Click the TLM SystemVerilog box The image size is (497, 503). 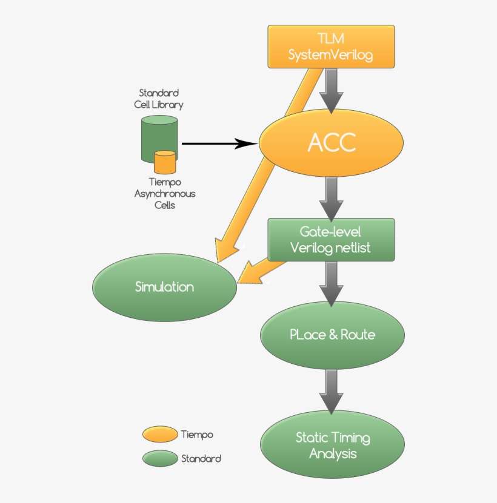[x=331, y=47]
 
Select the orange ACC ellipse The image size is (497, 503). [x=331, y=143]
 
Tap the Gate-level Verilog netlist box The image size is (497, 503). [x=331, y=240]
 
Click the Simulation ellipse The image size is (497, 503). [x=164, y=288]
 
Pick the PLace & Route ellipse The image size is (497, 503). [x=332, y=335]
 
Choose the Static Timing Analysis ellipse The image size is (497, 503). [x=332, y=445]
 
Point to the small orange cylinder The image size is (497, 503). [x=165, y=163]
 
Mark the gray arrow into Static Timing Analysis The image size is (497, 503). [x=331, y=390]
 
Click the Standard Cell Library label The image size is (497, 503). [x=159, y=99]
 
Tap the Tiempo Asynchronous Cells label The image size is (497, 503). [x=164, y=193]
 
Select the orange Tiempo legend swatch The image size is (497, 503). [x=161, y=435]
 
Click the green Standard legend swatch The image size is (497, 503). [x=161, y=459]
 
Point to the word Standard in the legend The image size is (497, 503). [x=201, y=459]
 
